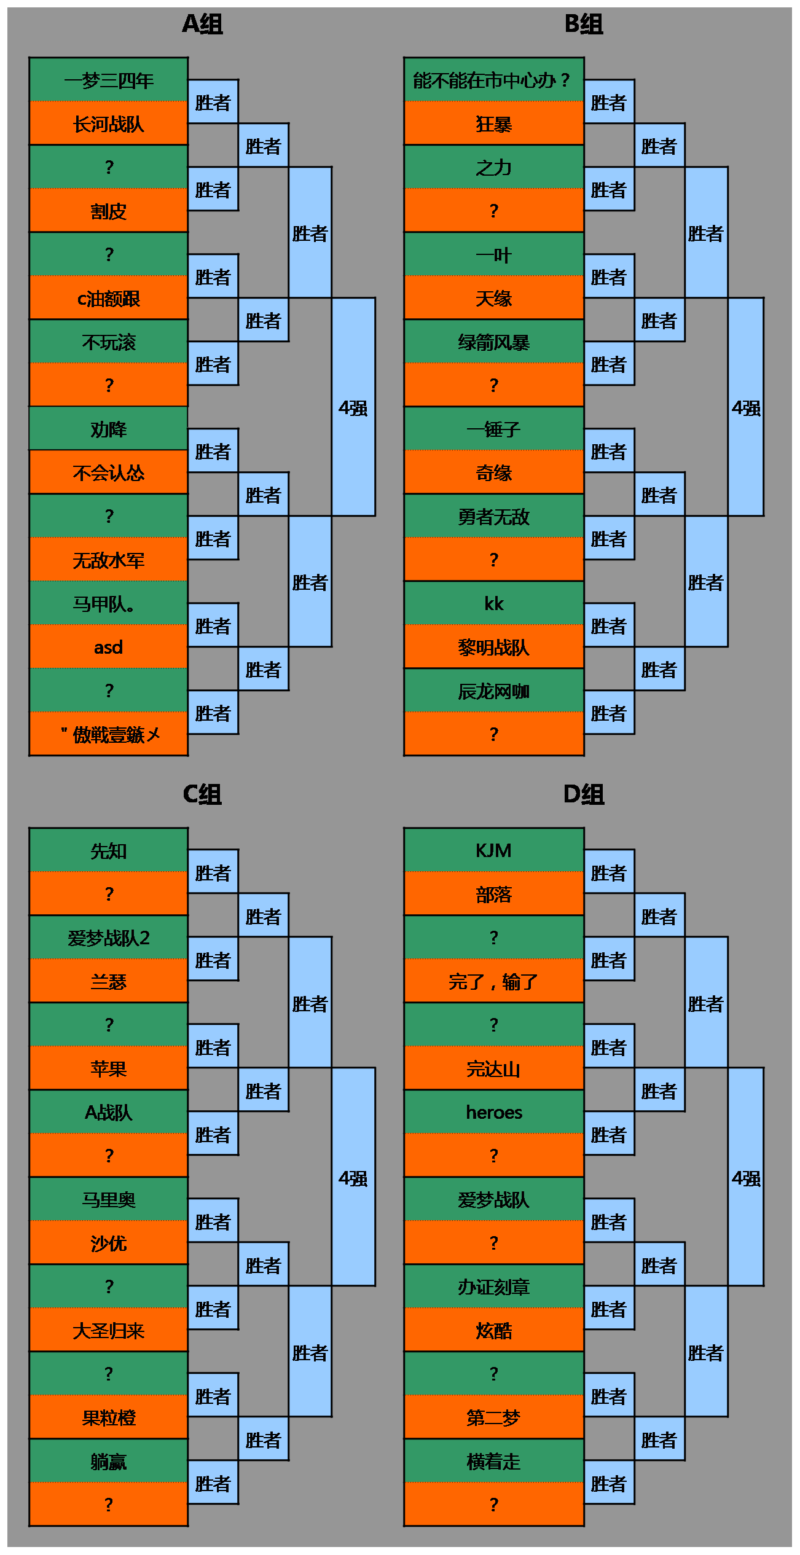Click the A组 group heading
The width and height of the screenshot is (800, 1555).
click(x=202, y=25)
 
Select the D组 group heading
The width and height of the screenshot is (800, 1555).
click(x=584, y=794)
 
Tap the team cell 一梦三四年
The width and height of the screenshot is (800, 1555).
click(x=109, y=80)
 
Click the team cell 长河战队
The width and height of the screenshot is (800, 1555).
click(x=109, y=123)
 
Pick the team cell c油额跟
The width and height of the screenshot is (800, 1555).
click(x=109, y=298)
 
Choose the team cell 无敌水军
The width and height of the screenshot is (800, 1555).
click(x=109, y=560)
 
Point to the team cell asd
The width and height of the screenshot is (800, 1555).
click(x=109, y=647)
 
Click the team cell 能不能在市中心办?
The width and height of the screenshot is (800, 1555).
click(x=494, y=80)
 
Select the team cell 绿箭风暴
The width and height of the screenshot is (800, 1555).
click(x=494, y=342)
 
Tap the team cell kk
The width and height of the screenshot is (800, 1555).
click(x=494, y=603)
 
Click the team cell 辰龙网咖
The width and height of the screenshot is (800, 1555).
click(x=494, y=691)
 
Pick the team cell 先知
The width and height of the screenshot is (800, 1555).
click(x=109, y=850)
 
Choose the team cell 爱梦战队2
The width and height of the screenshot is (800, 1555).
click(x=109, y=938)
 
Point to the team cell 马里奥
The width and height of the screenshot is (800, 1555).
click(x=109, y=1199)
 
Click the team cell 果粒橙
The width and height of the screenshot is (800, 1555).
click(x=109, y=1417)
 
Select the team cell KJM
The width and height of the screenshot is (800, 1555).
click(x=494, y=850)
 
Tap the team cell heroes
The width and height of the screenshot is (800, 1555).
click(x=494, y=1112)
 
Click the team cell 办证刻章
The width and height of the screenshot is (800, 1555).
click(x=494, y=1287)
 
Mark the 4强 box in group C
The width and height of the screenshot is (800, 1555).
click(x=353, y=1177)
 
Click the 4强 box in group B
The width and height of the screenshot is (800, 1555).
click(x=746, y=407)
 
